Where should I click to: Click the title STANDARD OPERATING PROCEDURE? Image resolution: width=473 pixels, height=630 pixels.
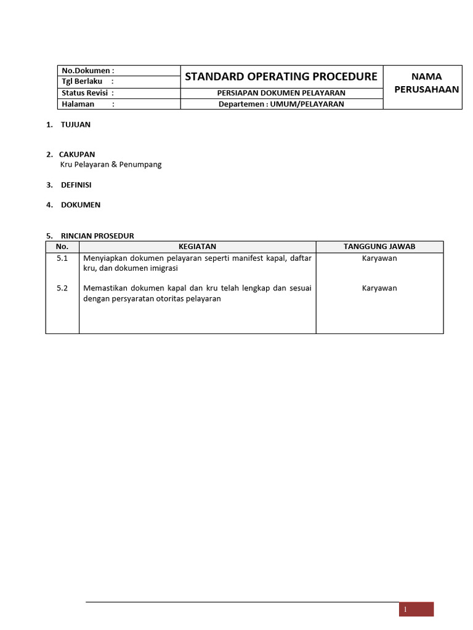tap(281, 77)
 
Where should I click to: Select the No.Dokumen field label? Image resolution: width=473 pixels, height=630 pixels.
tap(88, 71)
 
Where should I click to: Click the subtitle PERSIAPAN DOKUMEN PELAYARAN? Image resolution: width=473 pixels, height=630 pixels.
tap(281, 93)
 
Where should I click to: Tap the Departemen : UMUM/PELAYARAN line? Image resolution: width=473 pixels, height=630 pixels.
tap(281, 104)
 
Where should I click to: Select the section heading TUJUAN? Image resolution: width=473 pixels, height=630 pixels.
tap(75, 124)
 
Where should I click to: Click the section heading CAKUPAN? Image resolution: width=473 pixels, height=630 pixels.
tap(77, 154)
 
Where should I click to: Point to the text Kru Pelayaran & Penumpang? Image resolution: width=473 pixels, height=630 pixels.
tap(111, 165)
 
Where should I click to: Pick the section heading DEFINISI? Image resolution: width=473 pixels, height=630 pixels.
tap(76, 185)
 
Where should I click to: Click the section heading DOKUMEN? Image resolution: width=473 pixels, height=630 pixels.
tap(80, 205)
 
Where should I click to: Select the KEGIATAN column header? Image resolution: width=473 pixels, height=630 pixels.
tap(197, 247)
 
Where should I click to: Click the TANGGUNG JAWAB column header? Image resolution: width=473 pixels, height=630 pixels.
tap(379, 247)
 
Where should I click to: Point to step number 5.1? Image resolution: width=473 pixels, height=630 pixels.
tap(62, 258)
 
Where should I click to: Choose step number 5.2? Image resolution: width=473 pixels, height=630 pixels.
tap(62, 288)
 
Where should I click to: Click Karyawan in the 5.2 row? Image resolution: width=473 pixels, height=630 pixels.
tap(379, 288)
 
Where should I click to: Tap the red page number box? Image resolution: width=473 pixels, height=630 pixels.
tap(416, 609)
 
